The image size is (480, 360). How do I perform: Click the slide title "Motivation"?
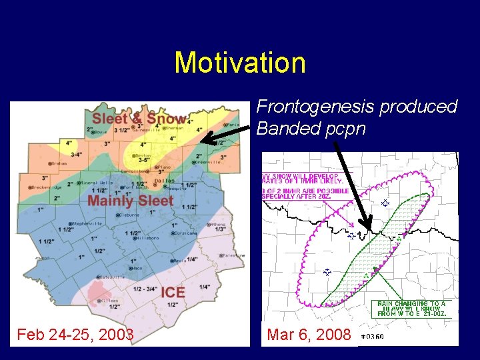tap(240, 63)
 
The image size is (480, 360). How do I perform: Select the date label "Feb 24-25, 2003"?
tap(75, 334)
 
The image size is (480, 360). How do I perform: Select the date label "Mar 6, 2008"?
tap(309, 334)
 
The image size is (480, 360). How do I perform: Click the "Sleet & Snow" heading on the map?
tap(138, 119)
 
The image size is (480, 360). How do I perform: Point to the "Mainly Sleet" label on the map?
tap(131, 200)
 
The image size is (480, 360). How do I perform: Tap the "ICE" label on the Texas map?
tap(173, 292)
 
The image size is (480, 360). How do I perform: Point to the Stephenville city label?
tap(87, 223)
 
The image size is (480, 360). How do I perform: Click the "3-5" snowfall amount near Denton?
tap(143, 160)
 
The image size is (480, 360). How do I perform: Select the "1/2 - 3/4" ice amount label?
tap(145, 289)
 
